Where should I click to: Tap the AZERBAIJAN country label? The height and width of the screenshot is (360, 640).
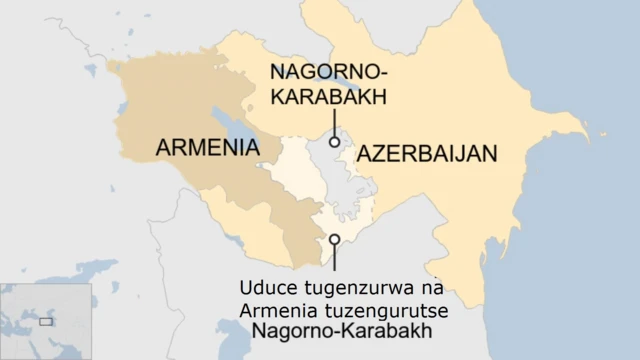point(427,153)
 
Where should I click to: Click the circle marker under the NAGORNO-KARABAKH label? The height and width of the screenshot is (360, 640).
point(334,142)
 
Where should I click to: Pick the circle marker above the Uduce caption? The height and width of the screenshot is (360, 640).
point(334,240)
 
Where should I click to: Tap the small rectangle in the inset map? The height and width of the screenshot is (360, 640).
point(45,321)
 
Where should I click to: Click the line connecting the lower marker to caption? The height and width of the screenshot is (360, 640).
point(334,260)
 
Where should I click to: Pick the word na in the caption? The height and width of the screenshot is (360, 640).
point(424,289)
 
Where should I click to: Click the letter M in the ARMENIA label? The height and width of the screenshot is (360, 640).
point(198,148)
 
